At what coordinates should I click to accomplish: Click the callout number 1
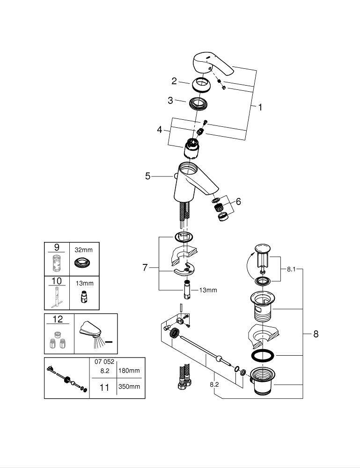260,107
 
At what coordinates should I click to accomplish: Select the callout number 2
174,81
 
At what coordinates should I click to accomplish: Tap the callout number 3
170,100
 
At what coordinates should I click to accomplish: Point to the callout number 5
148,176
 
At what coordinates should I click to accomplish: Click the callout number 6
238,202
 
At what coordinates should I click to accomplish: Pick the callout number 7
145,268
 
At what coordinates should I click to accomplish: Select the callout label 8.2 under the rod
214,384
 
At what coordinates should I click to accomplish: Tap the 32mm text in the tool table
84,250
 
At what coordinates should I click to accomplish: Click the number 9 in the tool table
57,247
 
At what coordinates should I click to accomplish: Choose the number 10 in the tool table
57,281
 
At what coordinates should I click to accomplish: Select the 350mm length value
131,387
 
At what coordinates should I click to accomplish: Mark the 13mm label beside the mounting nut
208,290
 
